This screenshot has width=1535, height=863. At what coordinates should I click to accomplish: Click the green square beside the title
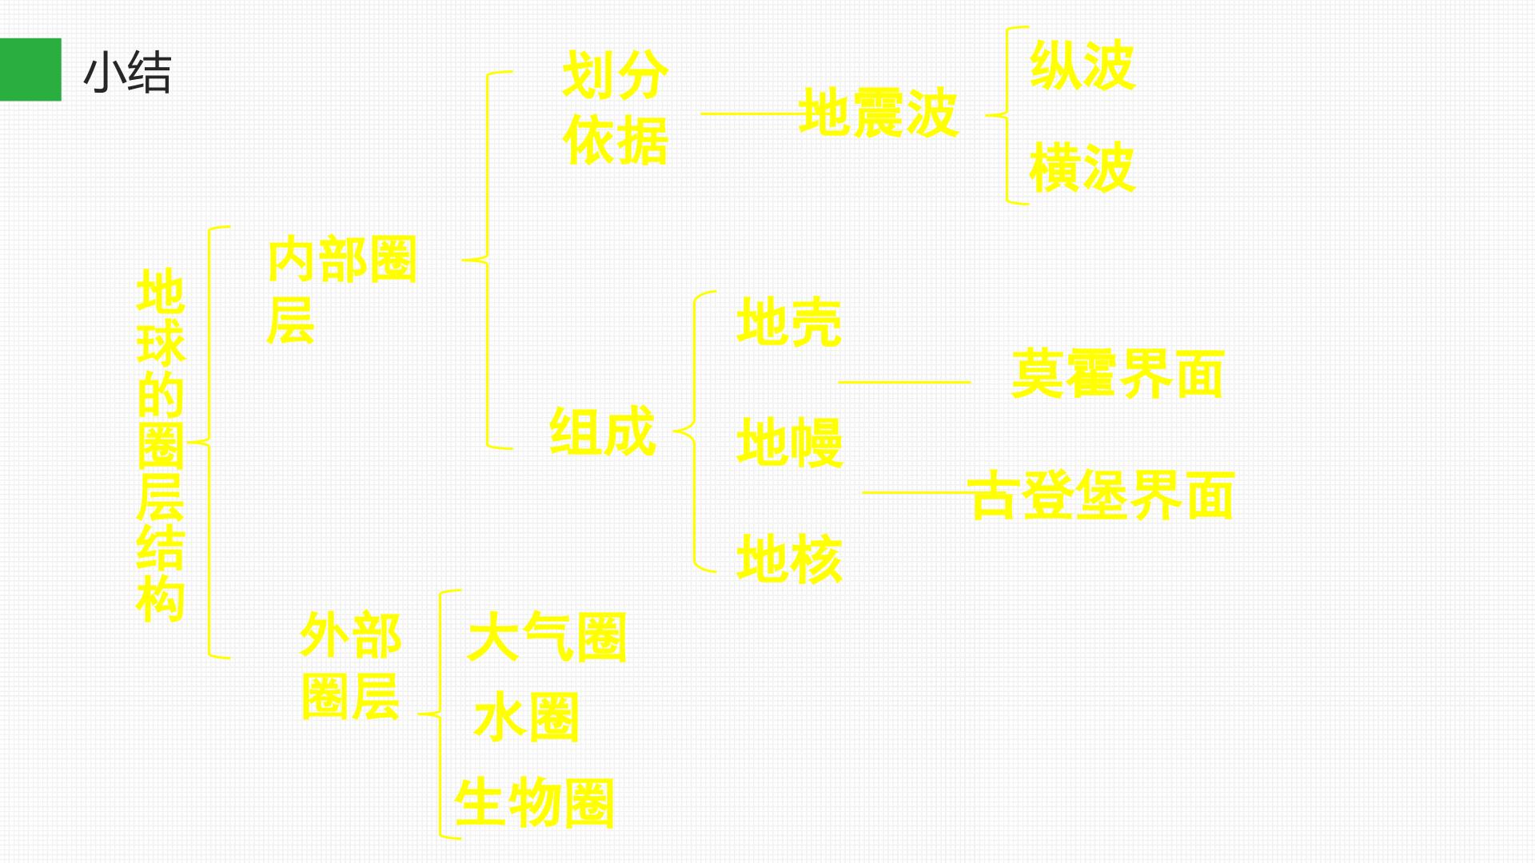tap(30, 70)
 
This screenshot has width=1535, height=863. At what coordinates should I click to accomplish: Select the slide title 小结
tap(127, 73)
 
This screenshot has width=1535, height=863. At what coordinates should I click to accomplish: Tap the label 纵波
tap(1082, 65)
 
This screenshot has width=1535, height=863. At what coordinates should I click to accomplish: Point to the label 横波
tap(1082, 167)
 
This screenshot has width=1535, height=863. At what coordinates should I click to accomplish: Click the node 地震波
tap(878, 113)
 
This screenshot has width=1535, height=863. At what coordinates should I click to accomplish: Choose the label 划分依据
tap(615, 108)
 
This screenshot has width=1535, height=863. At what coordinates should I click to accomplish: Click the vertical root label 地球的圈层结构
tap(161, 444)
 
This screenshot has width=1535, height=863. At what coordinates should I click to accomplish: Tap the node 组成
tap(602, 431)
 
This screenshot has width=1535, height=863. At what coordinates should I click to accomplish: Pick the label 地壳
tap(789, 322)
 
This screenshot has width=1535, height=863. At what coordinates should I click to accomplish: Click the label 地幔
tap(789, 442)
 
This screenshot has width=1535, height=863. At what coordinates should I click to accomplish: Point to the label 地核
tap(789, 559)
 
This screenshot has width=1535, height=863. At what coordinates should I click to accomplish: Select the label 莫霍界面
tap(1118, 373)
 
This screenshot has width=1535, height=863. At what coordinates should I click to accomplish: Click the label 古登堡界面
tap(1101, 495)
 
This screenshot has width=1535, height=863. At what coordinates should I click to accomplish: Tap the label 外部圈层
tap(350, 666)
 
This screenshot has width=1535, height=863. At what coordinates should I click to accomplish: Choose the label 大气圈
tap(547, 637)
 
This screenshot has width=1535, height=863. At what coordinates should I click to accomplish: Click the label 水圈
tap(526, 717)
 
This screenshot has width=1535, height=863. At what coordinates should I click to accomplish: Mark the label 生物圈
tap(534, 802)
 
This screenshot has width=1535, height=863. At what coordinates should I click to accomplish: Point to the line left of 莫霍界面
tap(904, 382)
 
